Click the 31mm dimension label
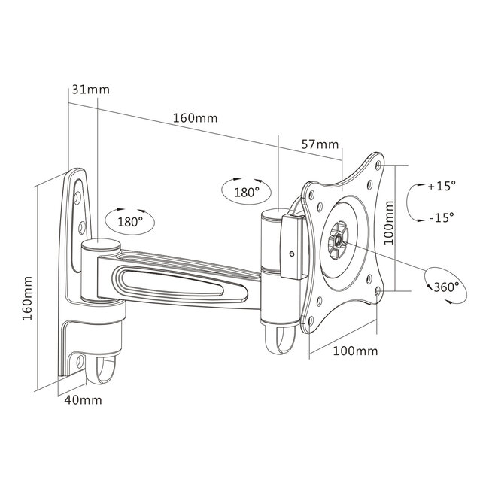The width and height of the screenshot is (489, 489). coord(90,90)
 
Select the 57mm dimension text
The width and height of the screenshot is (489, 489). coord(319,144)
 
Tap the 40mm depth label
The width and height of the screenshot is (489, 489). coord(82,399)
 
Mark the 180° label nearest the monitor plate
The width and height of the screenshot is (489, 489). coord(246,192)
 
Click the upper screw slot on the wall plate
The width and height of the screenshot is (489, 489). coord(80,197)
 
